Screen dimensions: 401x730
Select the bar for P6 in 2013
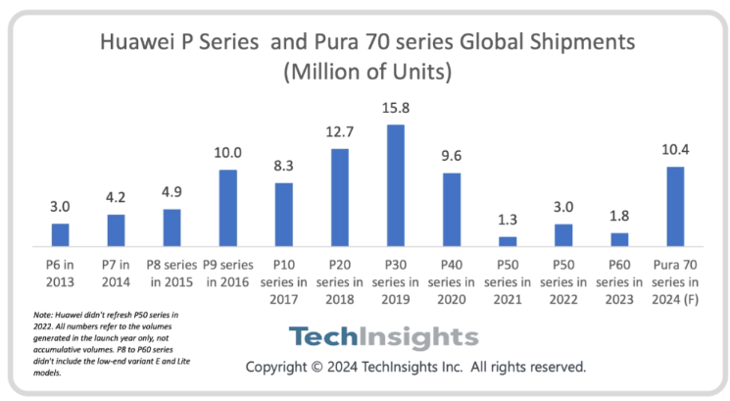pos(61,234)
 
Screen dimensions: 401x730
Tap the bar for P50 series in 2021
pos(507,241)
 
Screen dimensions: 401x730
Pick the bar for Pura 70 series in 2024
pos(673,206)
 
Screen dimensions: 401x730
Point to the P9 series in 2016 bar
pos(227,207)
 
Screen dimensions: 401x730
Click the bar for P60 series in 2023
pos(618,239)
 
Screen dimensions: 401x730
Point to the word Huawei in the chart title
pos(139,42)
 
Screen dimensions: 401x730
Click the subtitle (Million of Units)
pos(365,74)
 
